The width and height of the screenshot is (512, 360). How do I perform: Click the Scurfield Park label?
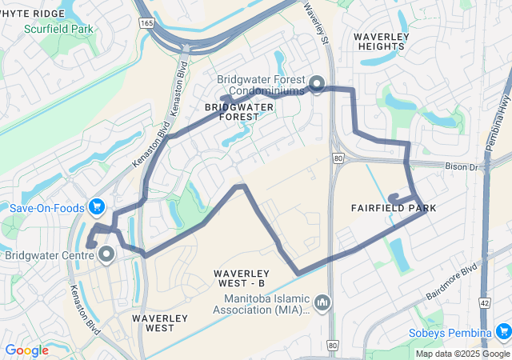click(x=58, y=29)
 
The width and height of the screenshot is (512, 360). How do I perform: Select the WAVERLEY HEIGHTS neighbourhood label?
click(x=382, y=42)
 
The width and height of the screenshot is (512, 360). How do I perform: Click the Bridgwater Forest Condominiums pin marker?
click(x=316, y=83)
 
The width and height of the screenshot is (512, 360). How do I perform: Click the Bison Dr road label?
click(x=462, y=167)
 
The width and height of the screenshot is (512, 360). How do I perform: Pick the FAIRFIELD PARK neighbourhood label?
click(x=394, y=208)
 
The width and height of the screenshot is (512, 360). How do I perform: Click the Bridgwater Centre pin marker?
click(x=106, y=255)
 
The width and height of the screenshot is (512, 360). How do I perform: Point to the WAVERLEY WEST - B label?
click(x=239, y=278)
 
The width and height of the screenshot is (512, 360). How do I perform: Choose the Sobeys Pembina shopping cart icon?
click(x=503, y=331)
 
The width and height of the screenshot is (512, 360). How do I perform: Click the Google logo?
click(x=26, y=350)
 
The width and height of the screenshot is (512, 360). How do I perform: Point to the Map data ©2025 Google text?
click(x=461, y=354)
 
